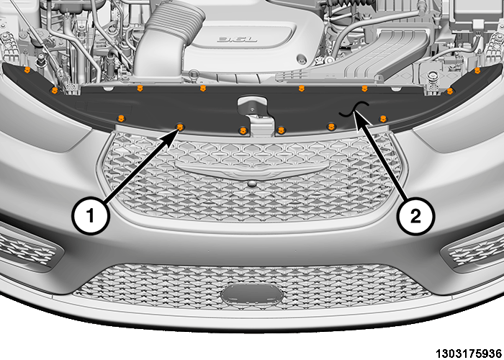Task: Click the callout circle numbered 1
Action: click(x=91, y=215)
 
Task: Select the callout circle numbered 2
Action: click(x=415, y=216)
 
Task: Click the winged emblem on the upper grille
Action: click(x=252, y=169)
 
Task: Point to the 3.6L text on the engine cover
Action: click(x=237, y=40)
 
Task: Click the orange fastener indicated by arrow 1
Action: click(x=180, y=127)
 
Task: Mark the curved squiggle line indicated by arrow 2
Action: click(x=354, y=109)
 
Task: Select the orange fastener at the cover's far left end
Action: click(x=27, y=69)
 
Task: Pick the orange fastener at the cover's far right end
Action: click(x=477, y=70)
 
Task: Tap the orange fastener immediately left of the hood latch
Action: click(x=243, y=130)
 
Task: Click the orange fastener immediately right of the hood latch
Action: click(x=282, y=130)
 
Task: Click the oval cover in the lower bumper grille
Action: click(x=252, y=294)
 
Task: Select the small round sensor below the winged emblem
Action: click(x=252, y=184)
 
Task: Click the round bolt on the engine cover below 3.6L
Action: click(x=302, y=60)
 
